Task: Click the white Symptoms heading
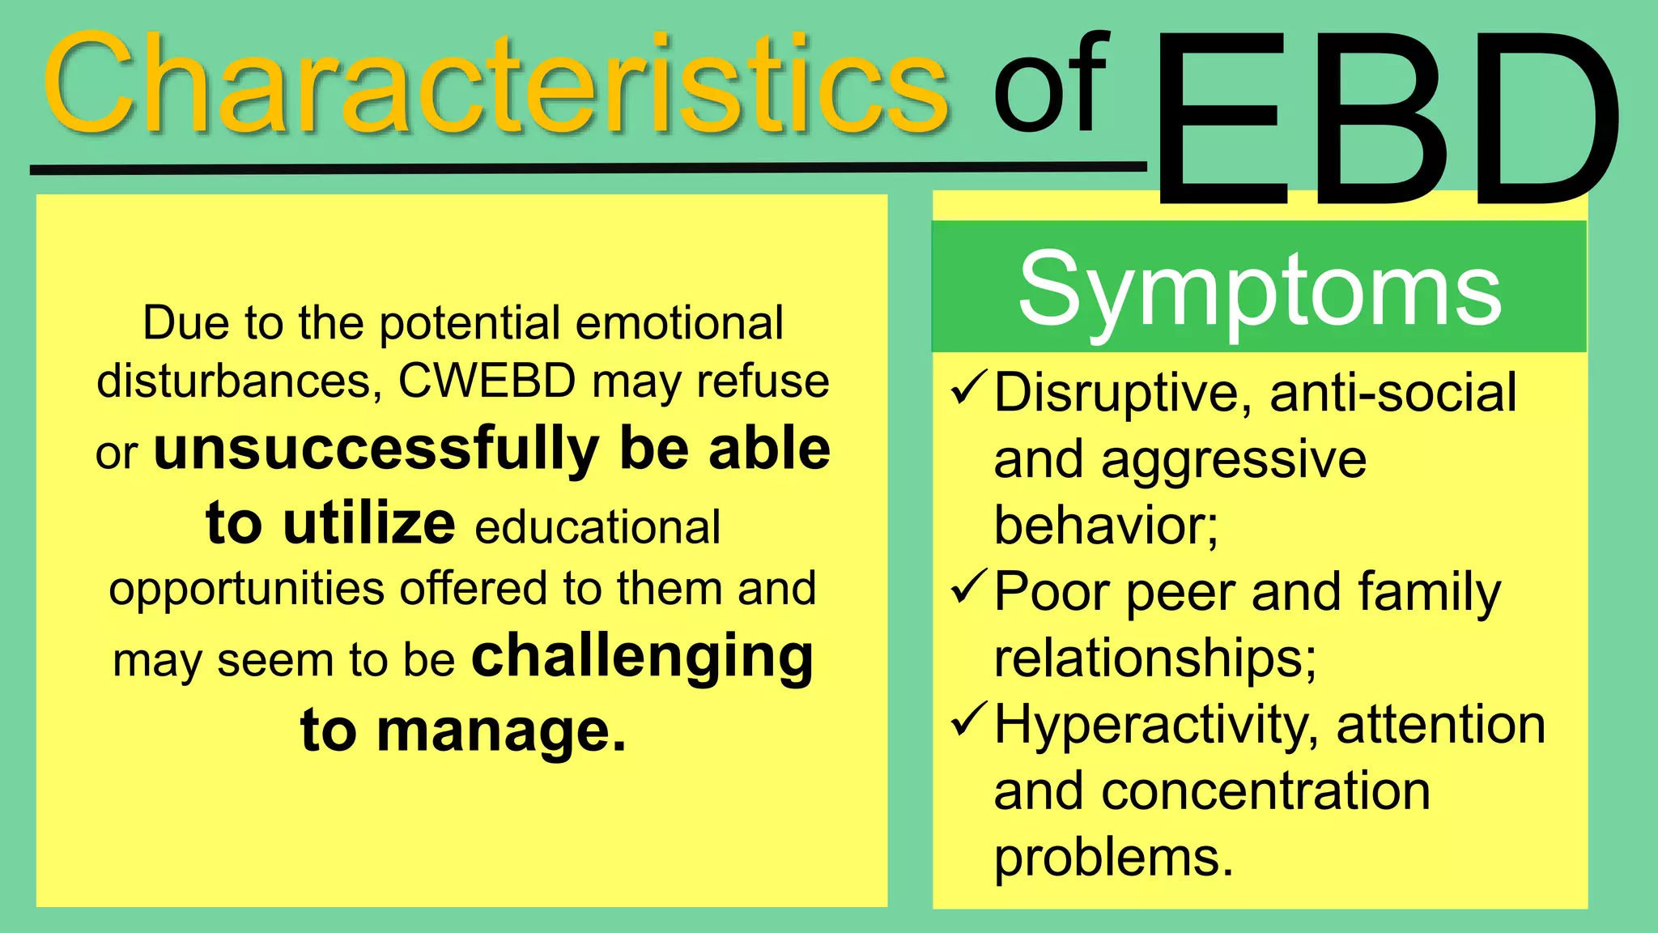(1260, 290)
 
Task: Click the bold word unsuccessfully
(376, 449)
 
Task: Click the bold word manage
(500, 731)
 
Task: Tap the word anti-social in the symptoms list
(1392, 393)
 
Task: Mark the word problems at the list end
(1113, 858)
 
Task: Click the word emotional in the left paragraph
(679, 323)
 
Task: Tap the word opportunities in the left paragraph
(247, 590)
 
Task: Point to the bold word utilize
(369, 523)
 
